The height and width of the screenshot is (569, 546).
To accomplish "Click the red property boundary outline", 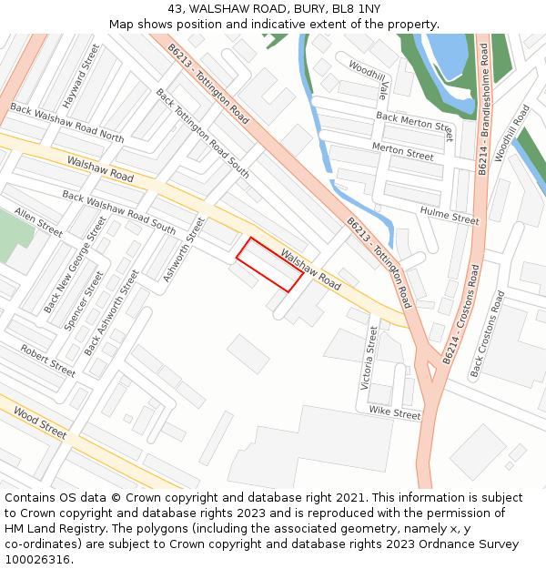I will click(x=269, y=265).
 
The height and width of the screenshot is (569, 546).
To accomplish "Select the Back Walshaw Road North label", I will click(x=66, y=123).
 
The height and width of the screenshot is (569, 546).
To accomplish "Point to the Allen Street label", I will click(x=38, y=222).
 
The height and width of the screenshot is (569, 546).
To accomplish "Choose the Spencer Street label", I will click(x=79, y=300).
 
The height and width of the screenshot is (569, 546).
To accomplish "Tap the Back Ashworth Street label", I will click(x=111, y=312).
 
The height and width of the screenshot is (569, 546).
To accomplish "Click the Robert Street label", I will click(x=47, y=361).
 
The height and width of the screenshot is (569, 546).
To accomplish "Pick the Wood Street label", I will click(x=39, y=423).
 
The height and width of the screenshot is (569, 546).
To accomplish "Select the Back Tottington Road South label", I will click(x=202, y=133).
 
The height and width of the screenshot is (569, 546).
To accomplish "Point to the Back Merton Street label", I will click(x=414, y=127).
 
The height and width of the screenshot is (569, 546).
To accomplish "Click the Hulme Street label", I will click(x=450, y=215).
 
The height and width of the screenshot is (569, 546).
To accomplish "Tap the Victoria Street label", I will click(x=369, y=358).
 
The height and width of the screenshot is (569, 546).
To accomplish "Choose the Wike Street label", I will click(x=395, y=413).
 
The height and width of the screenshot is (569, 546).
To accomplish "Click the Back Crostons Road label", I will click(x=487, y=335).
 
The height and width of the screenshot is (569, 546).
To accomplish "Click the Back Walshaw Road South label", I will click(x=119, y=210).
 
